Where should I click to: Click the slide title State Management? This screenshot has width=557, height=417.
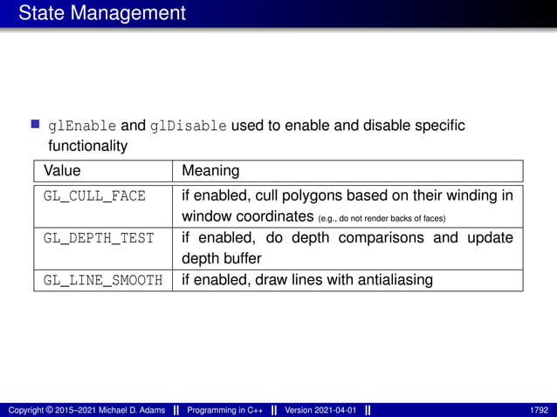tap(101, 13)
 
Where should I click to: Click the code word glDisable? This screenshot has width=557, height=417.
tap(189, 126)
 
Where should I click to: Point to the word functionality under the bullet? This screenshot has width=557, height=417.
tap(88, 146)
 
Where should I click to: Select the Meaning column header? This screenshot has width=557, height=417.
tap(210, 170)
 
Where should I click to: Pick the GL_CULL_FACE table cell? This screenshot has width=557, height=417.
tap(94, 195)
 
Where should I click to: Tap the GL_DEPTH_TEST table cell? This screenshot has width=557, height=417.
tap(99, 238)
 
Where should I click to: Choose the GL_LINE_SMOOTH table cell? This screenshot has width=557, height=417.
tap(103, 280)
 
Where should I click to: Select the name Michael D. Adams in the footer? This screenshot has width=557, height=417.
tap(126, 410)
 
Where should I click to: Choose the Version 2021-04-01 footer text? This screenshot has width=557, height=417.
tap(320, 410)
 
